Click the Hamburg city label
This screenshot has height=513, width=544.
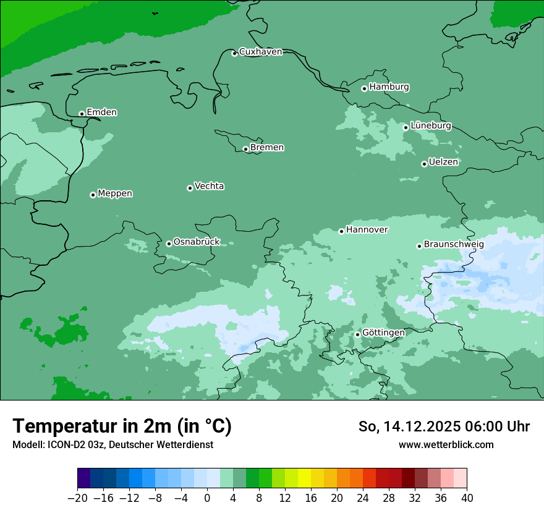[389, 87]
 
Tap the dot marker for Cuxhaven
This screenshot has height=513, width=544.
[234, 53]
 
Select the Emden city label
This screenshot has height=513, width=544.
[101, 112]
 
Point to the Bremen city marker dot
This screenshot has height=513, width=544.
[245, 149]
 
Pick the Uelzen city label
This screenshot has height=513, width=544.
[443, 162]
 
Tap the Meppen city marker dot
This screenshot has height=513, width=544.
[93, 195]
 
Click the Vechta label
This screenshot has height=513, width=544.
[209, 186]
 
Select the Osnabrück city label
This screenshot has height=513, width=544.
[197, 242]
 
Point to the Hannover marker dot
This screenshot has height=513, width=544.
[341, 231]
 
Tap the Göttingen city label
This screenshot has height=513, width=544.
[383, 333]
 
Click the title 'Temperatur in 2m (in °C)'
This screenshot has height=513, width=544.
[122, 426]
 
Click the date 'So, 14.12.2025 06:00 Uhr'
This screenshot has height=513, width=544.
[444, 426]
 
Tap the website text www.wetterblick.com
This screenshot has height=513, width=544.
[446, 445]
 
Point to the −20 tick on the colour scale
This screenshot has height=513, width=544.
[78, 498]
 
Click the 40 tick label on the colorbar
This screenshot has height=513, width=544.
[467, 498]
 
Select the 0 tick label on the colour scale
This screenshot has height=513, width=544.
[207, 498]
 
